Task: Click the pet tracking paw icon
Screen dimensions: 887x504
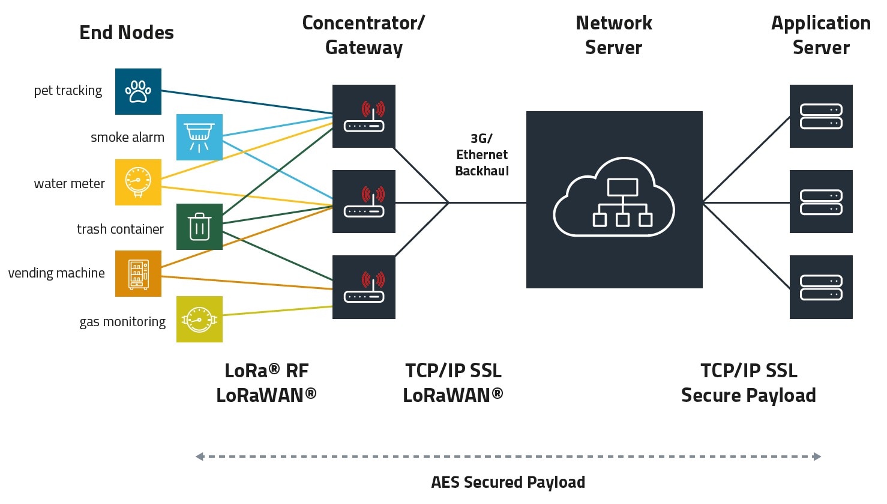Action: [x=138, y=91]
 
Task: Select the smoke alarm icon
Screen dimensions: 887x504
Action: [x=199, y=137]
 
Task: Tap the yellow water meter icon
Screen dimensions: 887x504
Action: [x=138, y=182]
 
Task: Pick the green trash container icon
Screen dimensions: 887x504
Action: [x=199, y=226]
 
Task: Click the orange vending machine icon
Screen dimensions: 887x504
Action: [x=138, y=273]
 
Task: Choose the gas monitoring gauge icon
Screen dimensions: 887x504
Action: [x=199, y=319]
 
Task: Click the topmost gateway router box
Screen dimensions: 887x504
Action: [x=364, y=116]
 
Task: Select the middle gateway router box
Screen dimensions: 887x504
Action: [x=364, y=201]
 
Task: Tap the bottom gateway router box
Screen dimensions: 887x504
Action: [x=364, y=287]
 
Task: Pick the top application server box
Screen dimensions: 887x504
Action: [x=820, y=116]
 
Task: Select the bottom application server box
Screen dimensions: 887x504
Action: [x=820, y=287]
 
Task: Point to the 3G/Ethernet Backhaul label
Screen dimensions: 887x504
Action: [x=481, y=155]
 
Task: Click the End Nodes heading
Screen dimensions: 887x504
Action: [x=127, y=32]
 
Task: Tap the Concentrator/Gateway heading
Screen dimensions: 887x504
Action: [x=364, y=35]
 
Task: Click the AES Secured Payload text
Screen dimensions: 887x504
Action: [x=508, y=482]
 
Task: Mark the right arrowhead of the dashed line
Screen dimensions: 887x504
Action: [x=817, y=457]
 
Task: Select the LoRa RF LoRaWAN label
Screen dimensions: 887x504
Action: [x=266, y=383]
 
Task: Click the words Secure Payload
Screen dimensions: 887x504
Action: [x=748, y=395]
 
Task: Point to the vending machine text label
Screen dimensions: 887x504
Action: [x=56, y=273]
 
